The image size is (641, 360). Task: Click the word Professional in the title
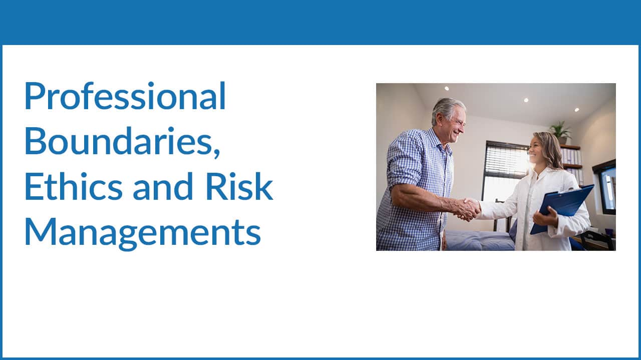pos(125,96)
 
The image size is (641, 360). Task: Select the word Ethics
pos(74,186)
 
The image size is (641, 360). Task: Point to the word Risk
pos(239,186)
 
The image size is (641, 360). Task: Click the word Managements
pos(143,232)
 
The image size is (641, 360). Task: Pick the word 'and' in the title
pos(163,186)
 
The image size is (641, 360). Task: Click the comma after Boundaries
pos(217,152)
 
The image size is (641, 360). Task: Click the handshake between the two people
pos(467,209)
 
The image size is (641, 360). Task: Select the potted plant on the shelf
pos(560,132)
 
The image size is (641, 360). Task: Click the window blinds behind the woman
pos(506,158)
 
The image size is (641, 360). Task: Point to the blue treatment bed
pos(479,240)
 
